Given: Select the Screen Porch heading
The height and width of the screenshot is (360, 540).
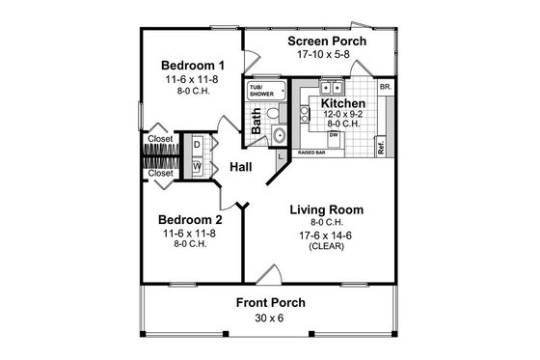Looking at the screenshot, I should (324, 42).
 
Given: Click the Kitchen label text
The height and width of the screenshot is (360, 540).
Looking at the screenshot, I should (343, 102).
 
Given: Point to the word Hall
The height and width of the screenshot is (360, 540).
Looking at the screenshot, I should (241, 168).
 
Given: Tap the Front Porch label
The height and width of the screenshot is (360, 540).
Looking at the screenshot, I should (271, 302).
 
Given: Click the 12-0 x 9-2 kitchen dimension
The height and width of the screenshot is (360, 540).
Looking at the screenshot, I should (343, 114).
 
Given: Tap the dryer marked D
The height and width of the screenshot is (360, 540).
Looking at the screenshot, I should (197, 145).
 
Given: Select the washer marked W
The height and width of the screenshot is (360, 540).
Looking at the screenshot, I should (197, 166).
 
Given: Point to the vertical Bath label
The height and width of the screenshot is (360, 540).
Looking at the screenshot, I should (256, 121).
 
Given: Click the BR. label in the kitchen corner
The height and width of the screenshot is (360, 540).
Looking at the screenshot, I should (386, 87).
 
